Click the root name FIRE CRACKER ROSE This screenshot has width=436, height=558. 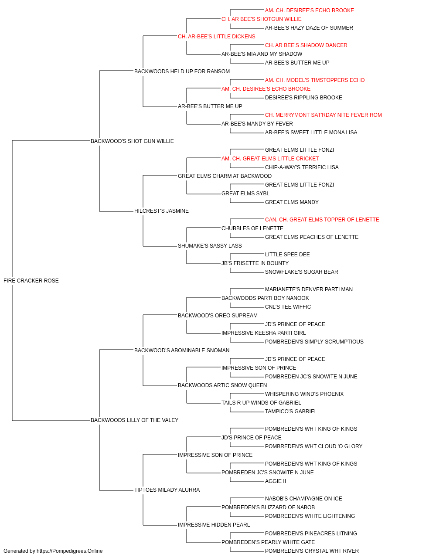click(x=31, y=281)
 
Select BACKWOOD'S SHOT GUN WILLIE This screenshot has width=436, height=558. click(x=132, y=141)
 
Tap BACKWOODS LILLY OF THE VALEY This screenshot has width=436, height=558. click(x=135, y=420)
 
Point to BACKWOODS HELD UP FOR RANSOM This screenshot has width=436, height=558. click(x=182, y=71)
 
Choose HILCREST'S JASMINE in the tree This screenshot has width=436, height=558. click(x=161, y=211)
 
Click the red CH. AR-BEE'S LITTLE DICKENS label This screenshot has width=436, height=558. click(x=217, y=37)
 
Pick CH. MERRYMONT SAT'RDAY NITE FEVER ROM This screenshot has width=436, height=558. click(x=324, y=115)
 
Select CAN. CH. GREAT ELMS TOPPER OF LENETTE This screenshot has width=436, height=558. click(x=322, y=220)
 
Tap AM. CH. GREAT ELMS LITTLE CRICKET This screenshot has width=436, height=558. click(x=270, y=158)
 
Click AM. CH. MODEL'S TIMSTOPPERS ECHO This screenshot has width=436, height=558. click(x=315, y=80)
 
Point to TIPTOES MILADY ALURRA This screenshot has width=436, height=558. click(x=167, y=490)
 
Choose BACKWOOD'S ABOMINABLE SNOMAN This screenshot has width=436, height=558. click(x=182, y=350)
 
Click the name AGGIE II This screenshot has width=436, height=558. click(x=276, y=481)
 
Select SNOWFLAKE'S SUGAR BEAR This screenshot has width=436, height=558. click(x=302, y=272)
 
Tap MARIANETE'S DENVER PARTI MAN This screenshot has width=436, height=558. click(x=309, y=289)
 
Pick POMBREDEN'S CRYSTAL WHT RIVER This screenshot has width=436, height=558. click(x=312, y=551)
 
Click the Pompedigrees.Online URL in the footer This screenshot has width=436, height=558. click(x=70, y=551)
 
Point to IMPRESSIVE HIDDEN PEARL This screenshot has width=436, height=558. click(x=214, y=524)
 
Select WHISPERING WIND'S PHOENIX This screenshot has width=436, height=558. click(x=304, y=394)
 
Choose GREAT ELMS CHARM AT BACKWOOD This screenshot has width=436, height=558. click(x=225, y=176)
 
